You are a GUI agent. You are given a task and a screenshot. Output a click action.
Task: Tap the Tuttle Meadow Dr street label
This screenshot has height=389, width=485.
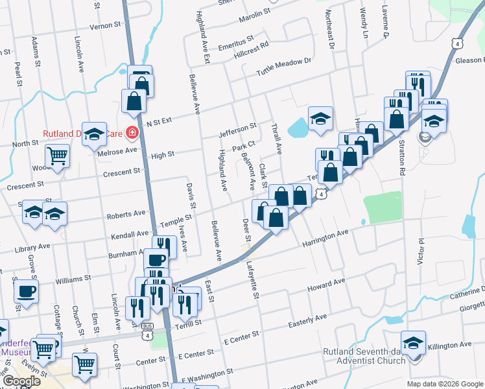(284, 66)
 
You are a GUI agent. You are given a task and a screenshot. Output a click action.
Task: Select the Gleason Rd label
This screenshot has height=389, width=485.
(470, 60)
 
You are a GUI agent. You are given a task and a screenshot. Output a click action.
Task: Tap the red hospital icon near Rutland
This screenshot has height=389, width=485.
(132, 133)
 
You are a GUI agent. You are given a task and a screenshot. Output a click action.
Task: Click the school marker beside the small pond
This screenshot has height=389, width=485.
(320, 119)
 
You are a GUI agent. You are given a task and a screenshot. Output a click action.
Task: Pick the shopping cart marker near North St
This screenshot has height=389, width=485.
(57, 156)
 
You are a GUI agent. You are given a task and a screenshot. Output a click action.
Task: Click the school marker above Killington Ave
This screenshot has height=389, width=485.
(413, 342)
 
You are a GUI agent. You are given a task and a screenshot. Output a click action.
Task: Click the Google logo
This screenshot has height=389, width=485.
(22, 381)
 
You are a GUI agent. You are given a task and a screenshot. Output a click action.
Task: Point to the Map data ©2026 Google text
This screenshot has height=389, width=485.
(444, 384)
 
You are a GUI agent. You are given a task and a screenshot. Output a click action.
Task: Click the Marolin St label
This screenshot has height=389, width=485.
(248, 14)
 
